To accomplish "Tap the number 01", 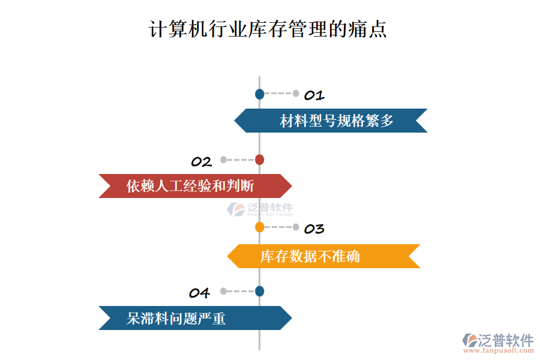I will click(314, 95).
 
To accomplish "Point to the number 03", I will click(314, 229).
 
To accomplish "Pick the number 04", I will click(199, 293).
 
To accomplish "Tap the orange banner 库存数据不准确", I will click(323, 256).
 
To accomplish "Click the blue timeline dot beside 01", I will click(259, 94).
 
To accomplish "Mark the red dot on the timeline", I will click(259, 160).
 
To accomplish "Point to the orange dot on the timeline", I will click(259, 227).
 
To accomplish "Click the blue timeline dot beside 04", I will click(259, 291).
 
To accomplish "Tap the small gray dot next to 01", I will click(296, 94).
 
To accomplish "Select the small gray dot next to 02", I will click(223, 160).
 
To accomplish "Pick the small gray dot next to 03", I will click(296, 227).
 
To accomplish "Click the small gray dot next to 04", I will click(223, 291).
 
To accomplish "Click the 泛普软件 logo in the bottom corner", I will click(498, 340).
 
